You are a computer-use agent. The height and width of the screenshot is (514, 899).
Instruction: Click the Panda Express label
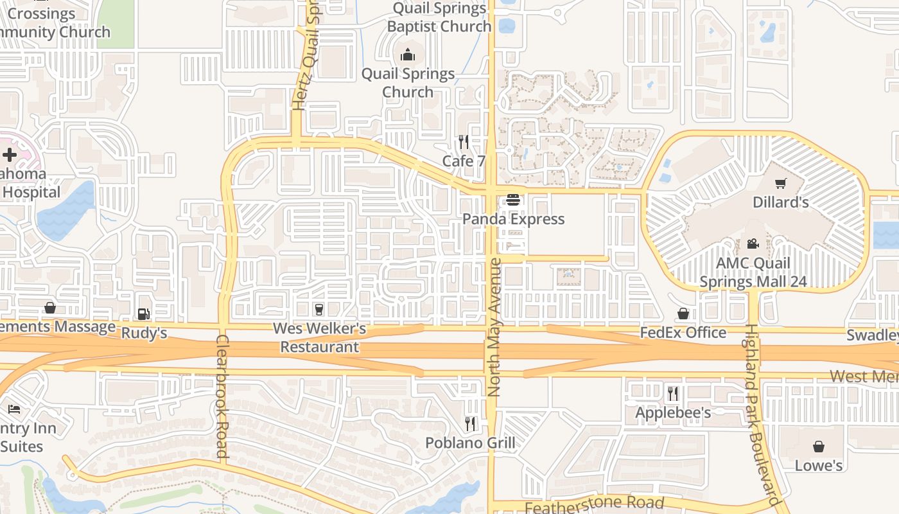click(513, 219)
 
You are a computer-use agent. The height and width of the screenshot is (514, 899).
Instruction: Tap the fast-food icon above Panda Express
click(512, 200)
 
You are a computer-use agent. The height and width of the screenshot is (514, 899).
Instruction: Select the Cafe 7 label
click(464, 161)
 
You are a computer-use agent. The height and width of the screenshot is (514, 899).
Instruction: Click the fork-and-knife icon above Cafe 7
click(464, 142)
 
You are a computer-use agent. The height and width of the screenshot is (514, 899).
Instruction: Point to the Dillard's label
click(780, 202)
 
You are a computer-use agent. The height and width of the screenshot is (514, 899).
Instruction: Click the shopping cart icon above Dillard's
click(781, 184)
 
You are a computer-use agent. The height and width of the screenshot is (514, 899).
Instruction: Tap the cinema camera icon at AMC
click(753, 244)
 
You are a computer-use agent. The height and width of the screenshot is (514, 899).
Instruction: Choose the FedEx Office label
click(683, 333)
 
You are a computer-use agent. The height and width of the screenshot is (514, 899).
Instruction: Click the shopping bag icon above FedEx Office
click(683, 314)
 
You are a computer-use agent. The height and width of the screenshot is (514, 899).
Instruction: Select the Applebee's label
click(673, 412)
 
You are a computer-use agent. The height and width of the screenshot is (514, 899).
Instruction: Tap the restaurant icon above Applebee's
click(673, 393)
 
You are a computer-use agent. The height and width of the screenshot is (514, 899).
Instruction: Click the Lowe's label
click(819, 465)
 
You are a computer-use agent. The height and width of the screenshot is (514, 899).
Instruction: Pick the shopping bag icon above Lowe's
click(819, 447)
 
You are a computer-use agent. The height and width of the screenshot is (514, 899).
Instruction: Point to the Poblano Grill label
click(471, 443)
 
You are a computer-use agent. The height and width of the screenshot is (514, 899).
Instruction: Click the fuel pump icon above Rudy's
click(144, 314)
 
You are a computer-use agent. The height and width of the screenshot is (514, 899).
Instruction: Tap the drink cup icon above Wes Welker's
click(318, 310)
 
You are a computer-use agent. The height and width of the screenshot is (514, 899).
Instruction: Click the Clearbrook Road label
click(222, 396)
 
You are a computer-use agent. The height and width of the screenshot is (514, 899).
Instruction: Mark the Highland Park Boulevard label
click(761, 414)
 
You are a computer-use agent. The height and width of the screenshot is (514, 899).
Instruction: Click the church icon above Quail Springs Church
click(408, 55)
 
